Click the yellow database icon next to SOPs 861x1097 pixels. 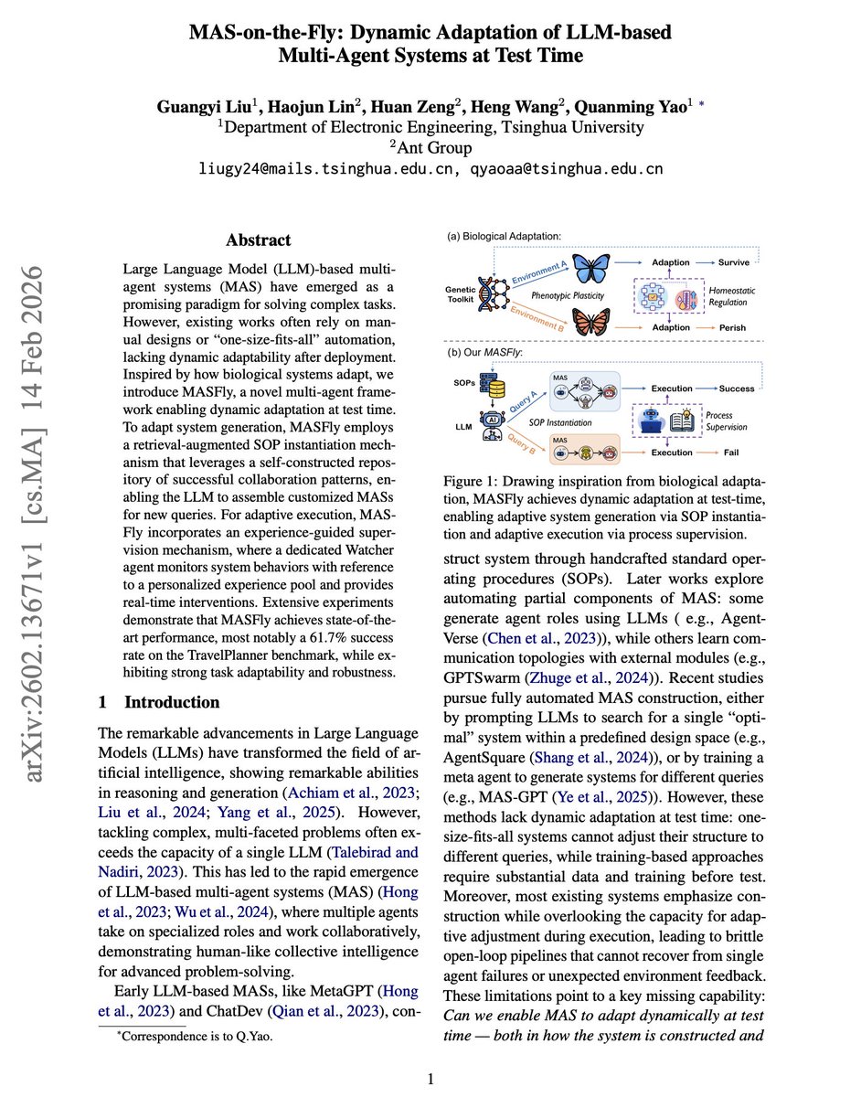pyautogui.click(x=497, y=389)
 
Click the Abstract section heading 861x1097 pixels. pyautogui.click(x=259, y=240)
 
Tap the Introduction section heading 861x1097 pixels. pyautogui.click(x=172, y=702)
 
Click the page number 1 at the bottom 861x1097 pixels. pyautogui.click(x=430, y=1079)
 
